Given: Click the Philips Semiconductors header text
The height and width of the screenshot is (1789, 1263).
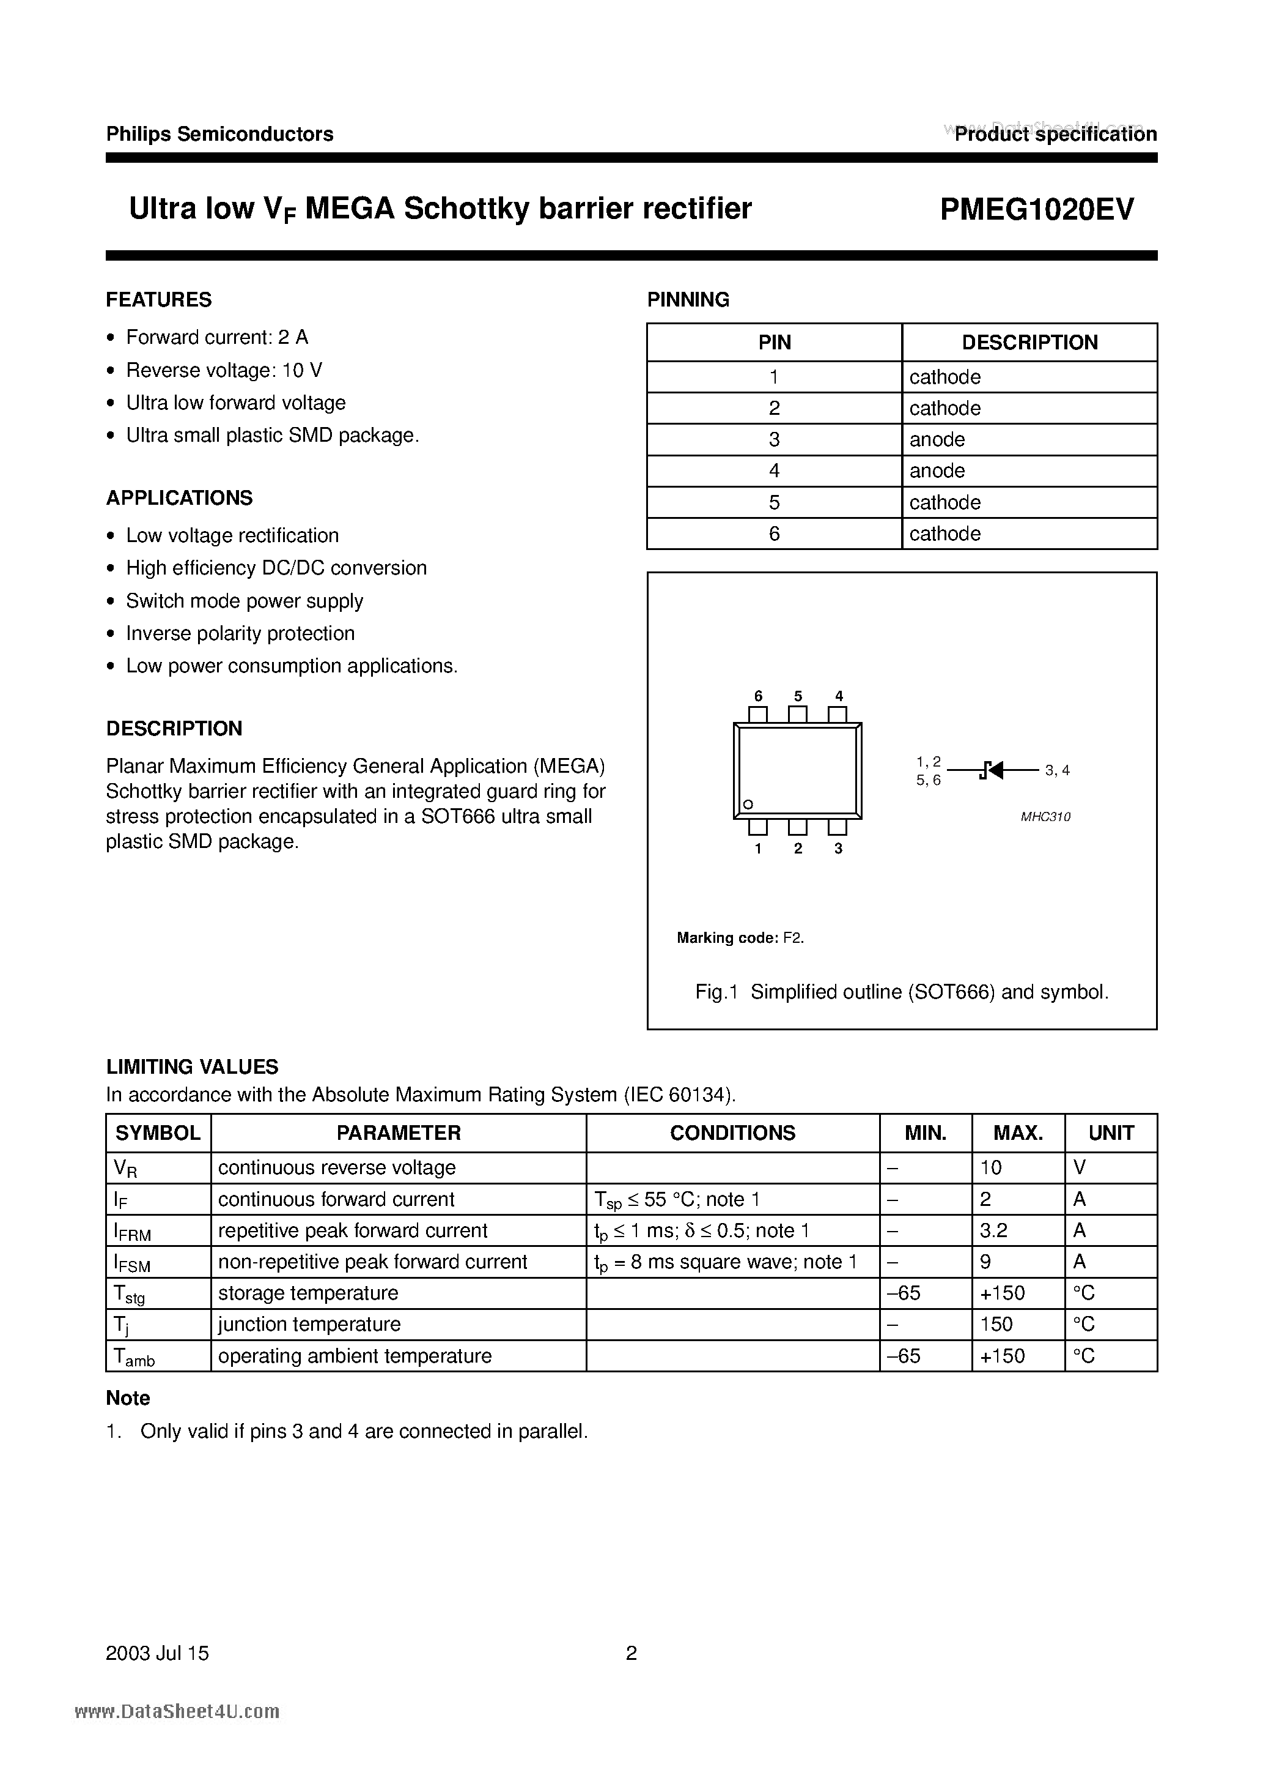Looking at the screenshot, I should (219, 134).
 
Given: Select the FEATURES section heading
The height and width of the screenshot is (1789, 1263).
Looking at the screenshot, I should (159, 300).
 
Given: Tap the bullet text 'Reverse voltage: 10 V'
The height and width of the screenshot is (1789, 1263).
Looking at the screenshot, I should (224, 370).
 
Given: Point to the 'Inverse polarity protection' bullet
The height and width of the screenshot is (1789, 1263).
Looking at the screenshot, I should (240, 633).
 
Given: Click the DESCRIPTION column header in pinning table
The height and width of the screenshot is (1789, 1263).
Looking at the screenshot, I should (1029, 343).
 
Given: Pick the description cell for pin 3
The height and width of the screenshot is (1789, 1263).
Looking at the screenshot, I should (938, 439).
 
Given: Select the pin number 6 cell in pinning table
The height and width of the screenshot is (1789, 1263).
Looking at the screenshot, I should (774, 534).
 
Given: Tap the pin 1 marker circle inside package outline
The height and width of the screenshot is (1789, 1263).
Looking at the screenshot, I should (748, 804).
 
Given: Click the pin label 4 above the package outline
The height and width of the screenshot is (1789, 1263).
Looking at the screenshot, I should (839, 696).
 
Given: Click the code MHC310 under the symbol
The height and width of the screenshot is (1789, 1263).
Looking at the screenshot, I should (1046, 817).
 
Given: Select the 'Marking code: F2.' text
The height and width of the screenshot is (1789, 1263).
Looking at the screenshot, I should (740, 938).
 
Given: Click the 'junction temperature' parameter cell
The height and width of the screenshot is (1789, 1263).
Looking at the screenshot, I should (309, 1325).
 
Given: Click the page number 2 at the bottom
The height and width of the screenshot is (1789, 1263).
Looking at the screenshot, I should (631, 1653).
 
